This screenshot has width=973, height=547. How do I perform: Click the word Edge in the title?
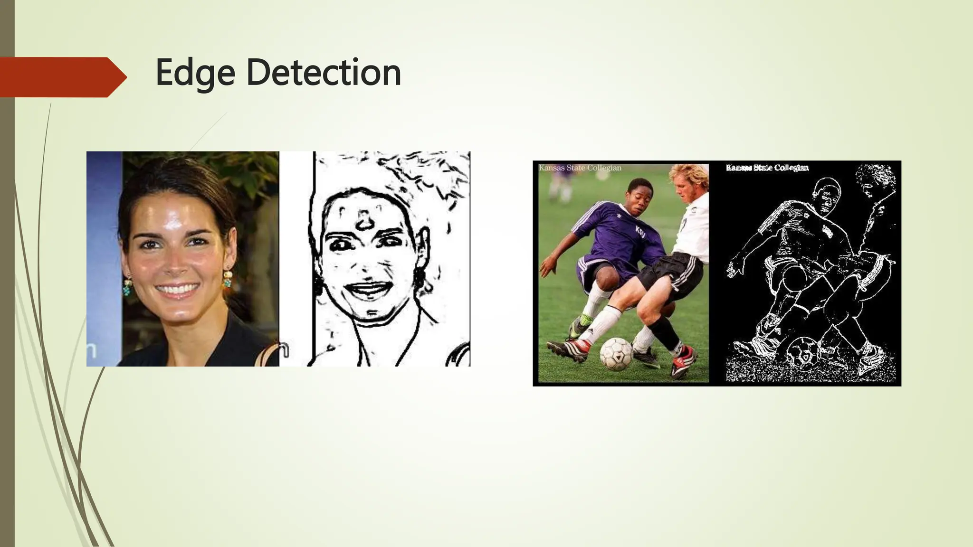coord(195,73)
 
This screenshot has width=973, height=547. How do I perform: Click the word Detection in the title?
coord(324,73)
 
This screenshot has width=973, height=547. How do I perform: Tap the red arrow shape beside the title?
coord(62,77)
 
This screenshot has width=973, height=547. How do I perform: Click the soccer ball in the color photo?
coord(616,354)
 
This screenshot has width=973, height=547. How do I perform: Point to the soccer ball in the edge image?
coord(803,353)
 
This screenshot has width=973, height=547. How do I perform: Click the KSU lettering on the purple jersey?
coord(640,230)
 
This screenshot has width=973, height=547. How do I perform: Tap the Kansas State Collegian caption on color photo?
coord(580,168)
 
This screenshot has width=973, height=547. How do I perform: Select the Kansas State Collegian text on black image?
coord(767,168)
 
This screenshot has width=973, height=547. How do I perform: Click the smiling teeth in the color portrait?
coord(177,289)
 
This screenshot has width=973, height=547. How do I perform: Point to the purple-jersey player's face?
coord(642,198)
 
